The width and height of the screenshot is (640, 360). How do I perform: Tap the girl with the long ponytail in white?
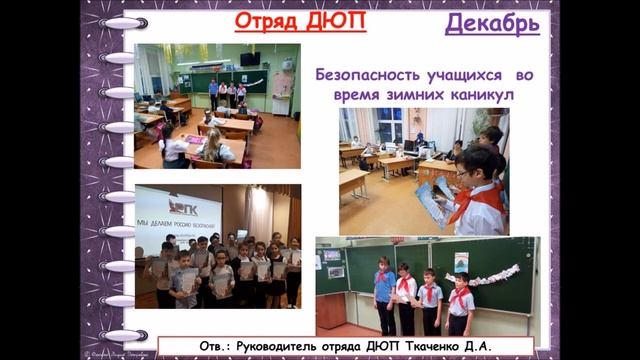point(212,145)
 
